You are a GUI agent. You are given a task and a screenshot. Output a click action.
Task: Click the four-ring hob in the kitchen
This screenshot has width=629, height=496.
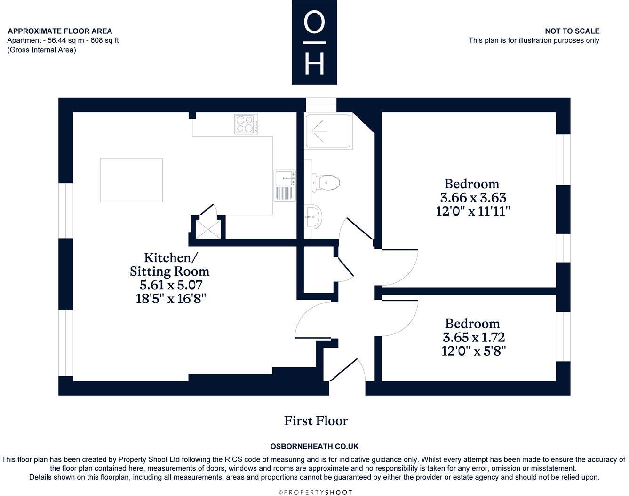(x=246, y=124)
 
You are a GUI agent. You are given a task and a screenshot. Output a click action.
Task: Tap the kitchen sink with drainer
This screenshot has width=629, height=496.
(x=285, y=185)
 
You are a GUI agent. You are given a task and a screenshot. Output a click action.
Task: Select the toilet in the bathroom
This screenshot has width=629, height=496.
(x=326, y=183)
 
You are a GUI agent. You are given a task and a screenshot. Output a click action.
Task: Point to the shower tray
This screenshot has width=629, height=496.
(x=328, y=132)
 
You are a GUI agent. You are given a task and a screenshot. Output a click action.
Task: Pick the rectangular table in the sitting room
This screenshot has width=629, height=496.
(x=131, y=180)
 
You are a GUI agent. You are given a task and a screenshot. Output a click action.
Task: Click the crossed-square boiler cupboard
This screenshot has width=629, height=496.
(x=208, y=229)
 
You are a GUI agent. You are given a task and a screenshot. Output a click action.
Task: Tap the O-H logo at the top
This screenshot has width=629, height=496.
(x=314, y=42)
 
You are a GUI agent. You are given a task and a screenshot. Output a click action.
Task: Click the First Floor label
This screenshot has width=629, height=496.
(x=316, y=421)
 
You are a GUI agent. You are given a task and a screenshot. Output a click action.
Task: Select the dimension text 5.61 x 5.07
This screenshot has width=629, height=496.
(x=171, y=285)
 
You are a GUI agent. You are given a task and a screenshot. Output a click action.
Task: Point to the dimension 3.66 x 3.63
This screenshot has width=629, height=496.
(x=473, y=198)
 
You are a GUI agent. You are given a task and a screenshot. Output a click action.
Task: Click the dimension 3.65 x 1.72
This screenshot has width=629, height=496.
(x=473, y=338)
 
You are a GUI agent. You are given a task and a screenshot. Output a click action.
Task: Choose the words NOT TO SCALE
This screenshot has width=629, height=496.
(x=572, y=31)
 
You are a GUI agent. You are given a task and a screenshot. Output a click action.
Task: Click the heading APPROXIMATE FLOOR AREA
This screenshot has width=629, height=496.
(x=60, y=31)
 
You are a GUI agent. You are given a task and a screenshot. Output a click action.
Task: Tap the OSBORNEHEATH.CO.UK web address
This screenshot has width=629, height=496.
(x=314, y=446)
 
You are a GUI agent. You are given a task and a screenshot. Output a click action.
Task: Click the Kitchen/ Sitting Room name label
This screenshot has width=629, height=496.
(x=170, y=264)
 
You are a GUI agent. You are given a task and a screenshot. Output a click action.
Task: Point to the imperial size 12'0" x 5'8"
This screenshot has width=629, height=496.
(x=473, y=351)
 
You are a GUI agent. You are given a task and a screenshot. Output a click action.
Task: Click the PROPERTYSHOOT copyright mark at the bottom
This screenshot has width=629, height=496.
(x=315, y=493)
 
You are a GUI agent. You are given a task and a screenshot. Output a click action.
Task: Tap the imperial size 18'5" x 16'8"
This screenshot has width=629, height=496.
(x=171, y=298)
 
